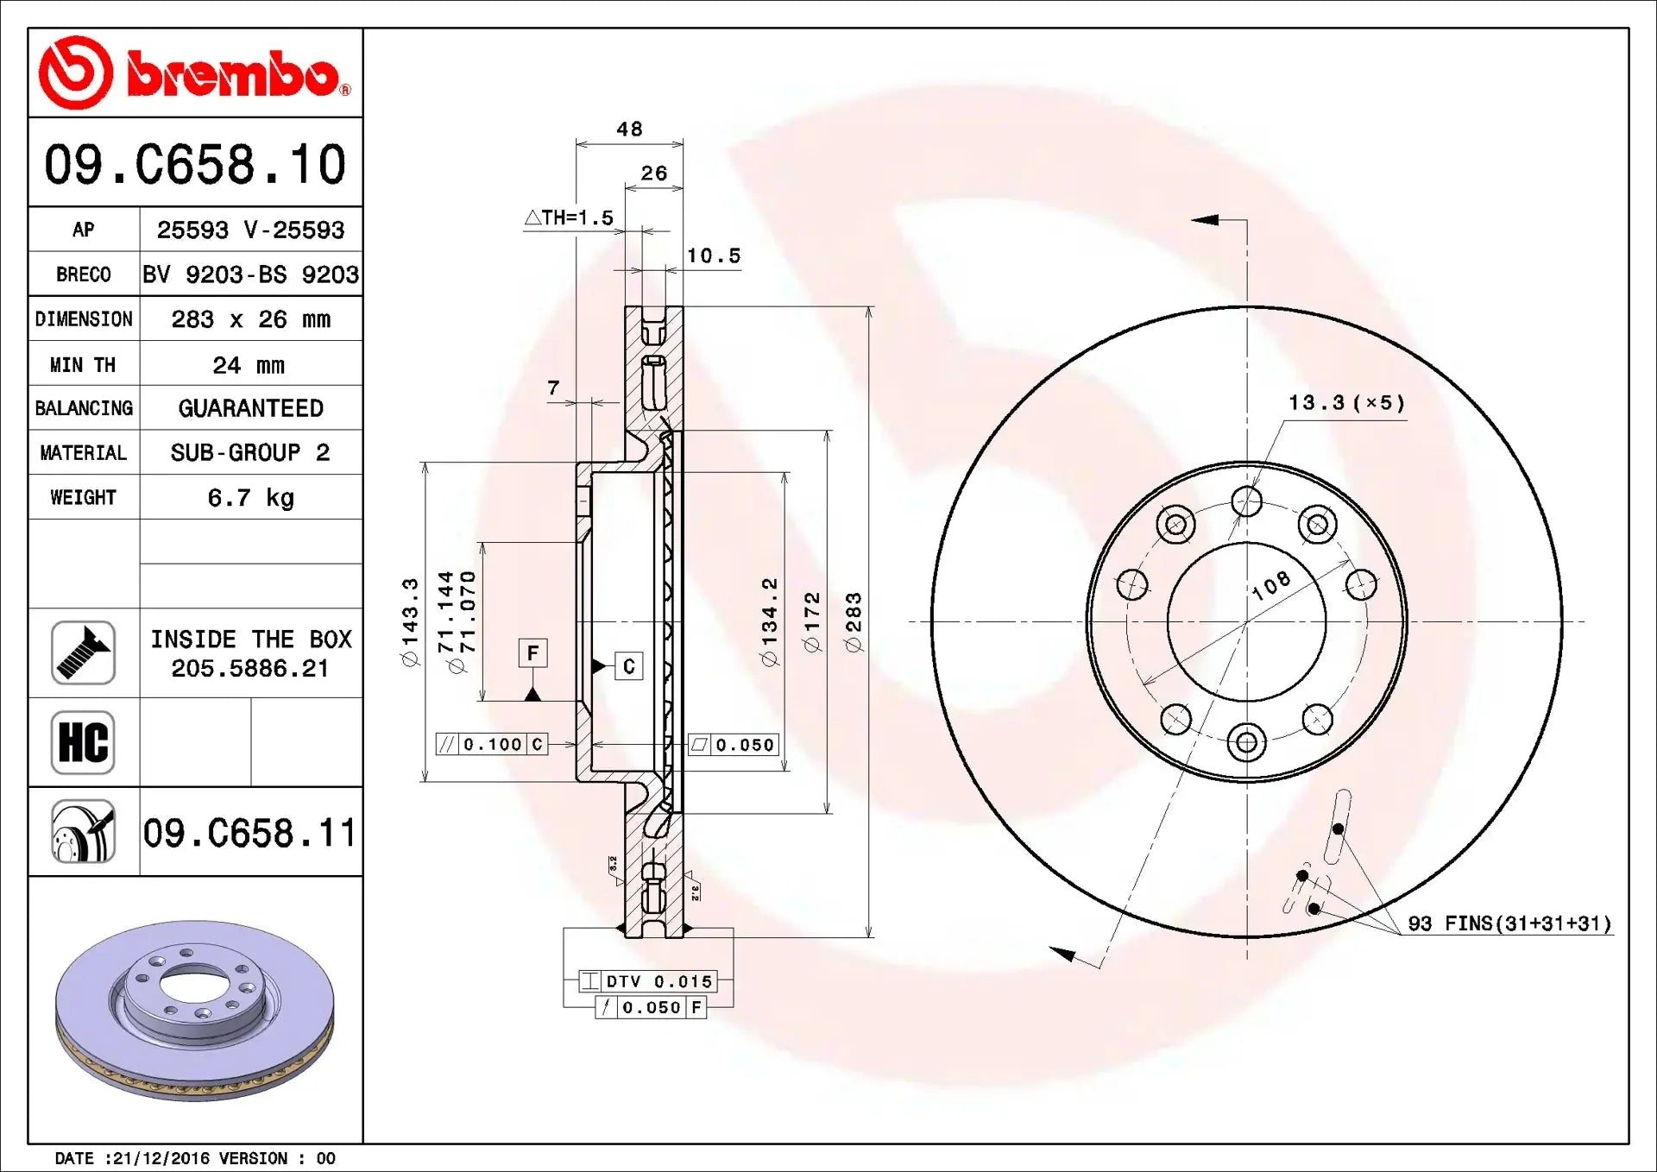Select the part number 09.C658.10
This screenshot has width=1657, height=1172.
coord(195,164)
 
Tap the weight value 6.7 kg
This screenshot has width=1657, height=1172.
coord(250,498)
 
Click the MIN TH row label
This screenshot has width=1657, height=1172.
coord(83,365)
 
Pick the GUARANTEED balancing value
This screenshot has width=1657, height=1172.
coord(250,408)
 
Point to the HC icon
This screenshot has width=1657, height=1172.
coord(83,742)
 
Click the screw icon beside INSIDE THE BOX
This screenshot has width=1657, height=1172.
coord(83,653)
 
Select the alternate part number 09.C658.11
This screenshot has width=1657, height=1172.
coord(249,834)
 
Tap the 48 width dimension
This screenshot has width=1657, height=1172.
coord(629,129)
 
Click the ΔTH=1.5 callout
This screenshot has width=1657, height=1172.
coord(570,218)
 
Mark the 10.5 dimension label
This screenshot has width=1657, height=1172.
coord(714,256)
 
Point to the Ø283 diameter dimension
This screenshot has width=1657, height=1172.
coord(854,621)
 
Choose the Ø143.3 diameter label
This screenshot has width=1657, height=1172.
coord(410,621)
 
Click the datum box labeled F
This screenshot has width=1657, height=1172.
coord(532,653)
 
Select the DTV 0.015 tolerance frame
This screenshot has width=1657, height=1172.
coord(648,981)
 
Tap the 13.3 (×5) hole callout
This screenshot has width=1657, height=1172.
coord(1346,403)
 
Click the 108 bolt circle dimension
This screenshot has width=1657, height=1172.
coord(1271,585)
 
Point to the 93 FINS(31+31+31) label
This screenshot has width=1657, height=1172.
coord(1509,924)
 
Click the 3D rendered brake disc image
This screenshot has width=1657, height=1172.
coord(195,1010)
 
